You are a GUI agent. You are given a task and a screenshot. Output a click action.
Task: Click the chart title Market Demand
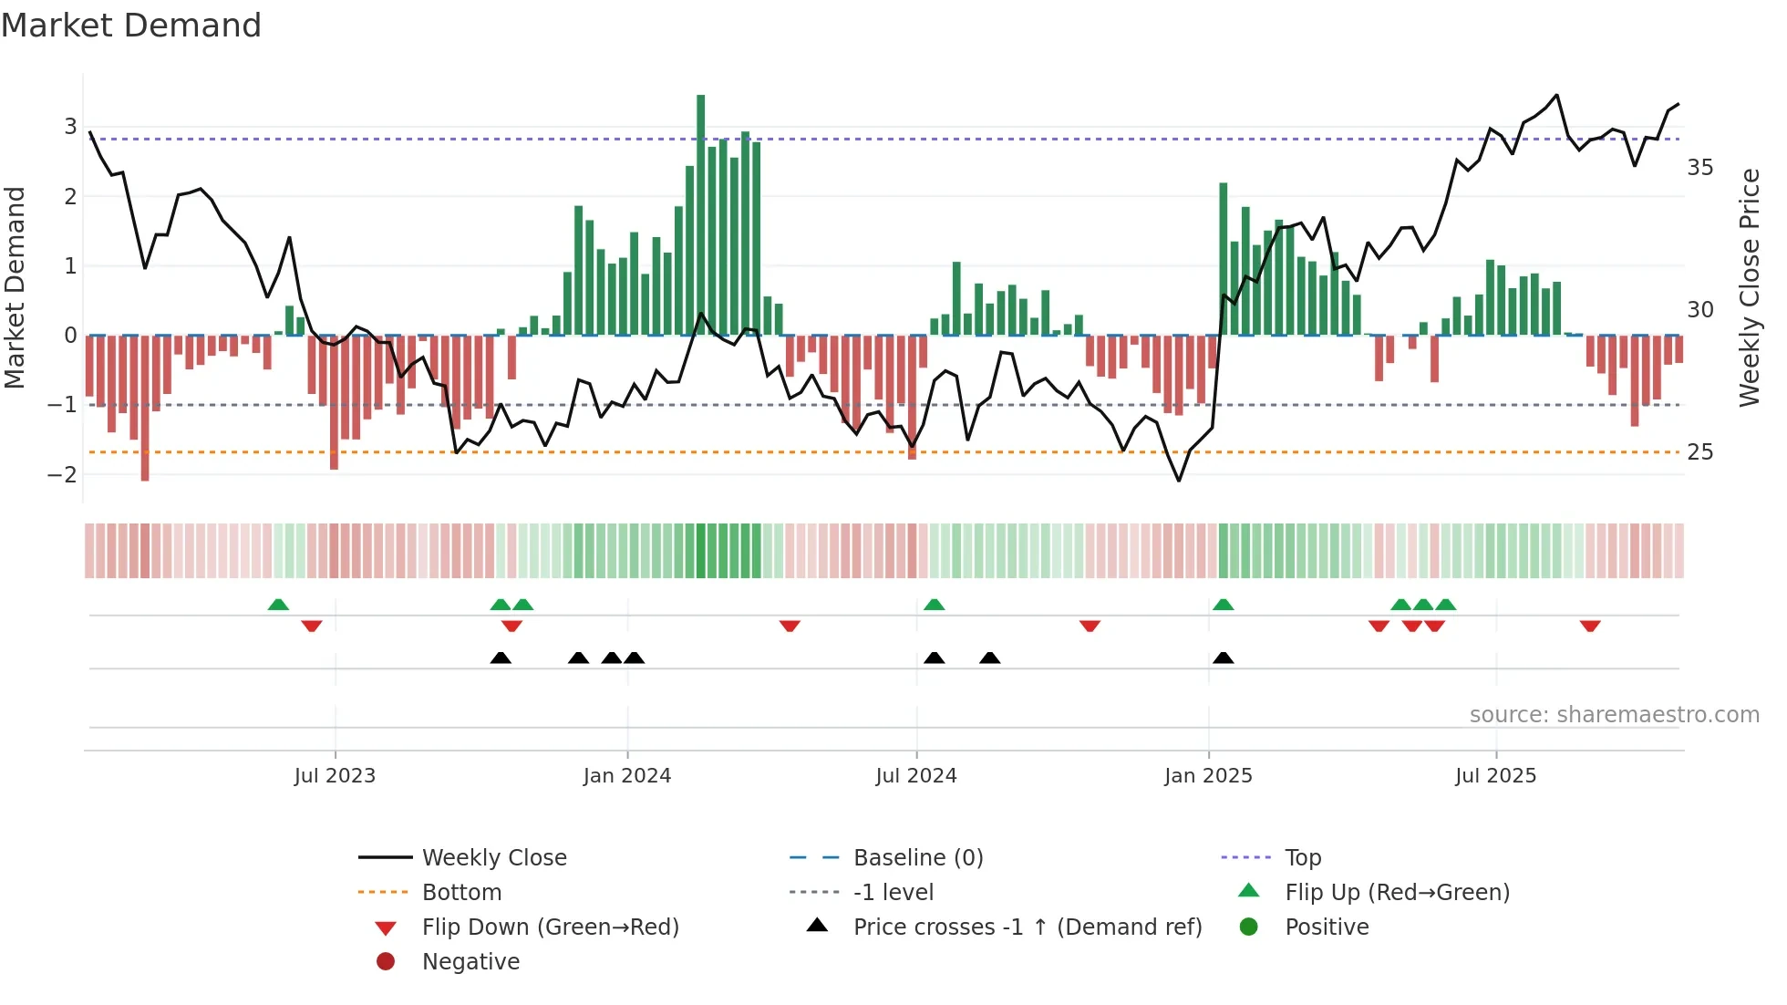click(131, 26)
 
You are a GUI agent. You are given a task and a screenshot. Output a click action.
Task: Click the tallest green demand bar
click(700, 215)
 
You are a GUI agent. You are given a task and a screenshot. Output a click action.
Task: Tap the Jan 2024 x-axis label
click(626, 776)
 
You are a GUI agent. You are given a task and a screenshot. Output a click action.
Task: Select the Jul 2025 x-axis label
click(1495, 776)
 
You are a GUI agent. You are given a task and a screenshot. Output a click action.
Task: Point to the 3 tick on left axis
click(70, 126)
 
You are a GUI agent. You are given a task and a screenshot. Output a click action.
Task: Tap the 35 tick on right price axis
click(1699, 168)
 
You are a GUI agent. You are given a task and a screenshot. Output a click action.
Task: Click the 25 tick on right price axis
click(1699, 452)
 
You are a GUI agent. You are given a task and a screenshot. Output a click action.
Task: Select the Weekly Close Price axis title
click(1749, 287)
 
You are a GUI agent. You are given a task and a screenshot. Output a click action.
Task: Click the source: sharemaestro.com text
click(1614, 715)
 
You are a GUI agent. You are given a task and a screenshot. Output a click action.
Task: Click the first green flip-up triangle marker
click(278, 605)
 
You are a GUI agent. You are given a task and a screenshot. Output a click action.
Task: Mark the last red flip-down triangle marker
click(1590, 626)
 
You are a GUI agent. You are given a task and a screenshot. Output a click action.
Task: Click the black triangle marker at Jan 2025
click(1224, 658)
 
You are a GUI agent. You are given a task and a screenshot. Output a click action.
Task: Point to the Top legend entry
click(1302, 858)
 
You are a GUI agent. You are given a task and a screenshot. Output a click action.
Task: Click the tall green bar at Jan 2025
click(1224, 260)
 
